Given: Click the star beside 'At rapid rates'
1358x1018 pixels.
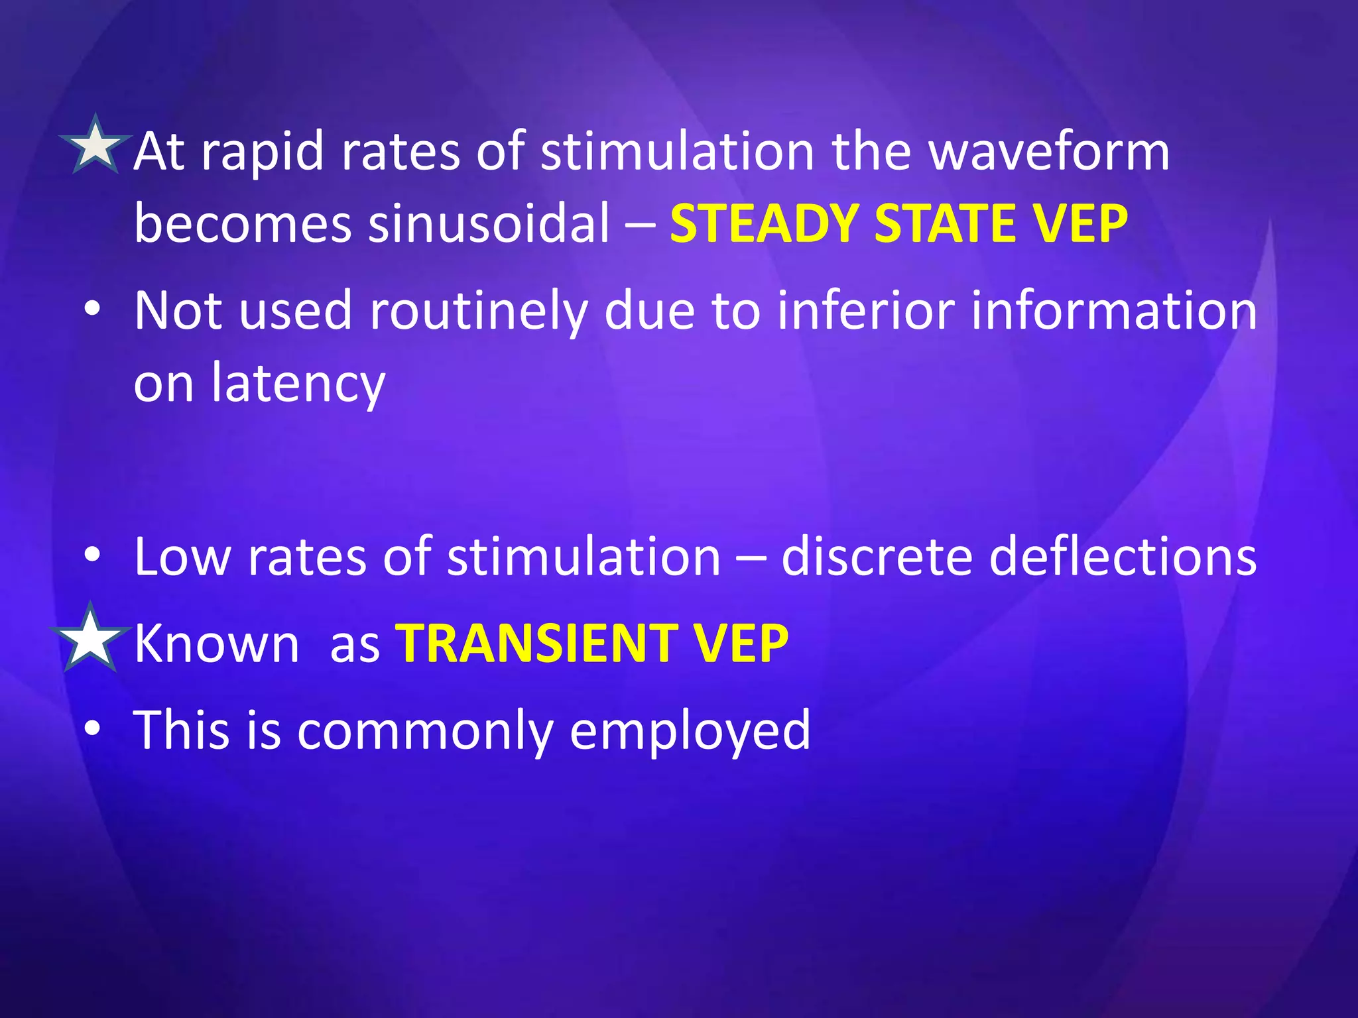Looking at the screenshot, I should (95, 145).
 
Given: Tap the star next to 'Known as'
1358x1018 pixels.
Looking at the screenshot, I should (90, 638).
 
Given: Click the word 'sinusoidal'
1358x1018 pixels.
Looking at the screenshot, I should (488, 223).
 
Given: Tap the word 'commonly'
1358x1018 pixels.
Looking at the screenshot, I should (425, 730).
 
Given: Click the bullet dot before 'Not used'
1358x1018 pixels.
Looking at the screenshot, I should (93, 310).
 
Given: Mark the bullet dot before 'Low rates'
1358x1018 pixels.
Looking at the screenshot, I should (93, 555).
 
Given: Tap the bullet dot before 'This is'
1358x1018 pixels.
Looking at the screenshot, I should (93, 728).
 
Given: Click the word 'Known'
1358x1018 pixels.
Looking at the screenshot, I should (217, 643).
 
